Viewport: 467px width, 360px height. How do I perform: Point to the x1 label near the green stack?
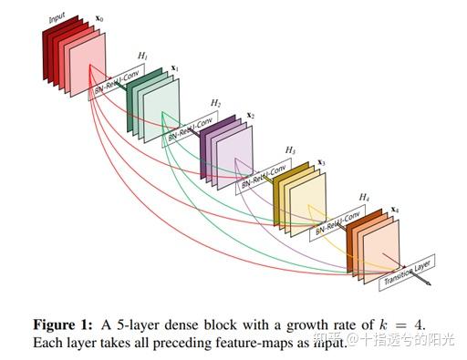[x=174, y=69]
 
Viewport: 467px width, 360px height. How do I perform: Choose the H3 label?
[x=291, y=149]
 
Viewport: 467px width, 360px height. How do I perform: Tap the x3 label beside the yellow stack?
[x=322, y=163]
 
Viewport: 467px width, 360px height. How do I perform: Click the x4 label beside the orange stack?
[x=394, y=211]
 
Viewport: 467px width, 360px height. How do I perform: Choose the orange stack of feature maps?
[x=372, y=239]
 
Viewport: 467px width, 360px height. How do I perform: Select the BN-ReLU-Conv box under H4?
[x=338, y=220]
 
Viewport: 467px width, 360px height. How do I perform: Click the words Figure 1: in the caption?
[x=63, y=325]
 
